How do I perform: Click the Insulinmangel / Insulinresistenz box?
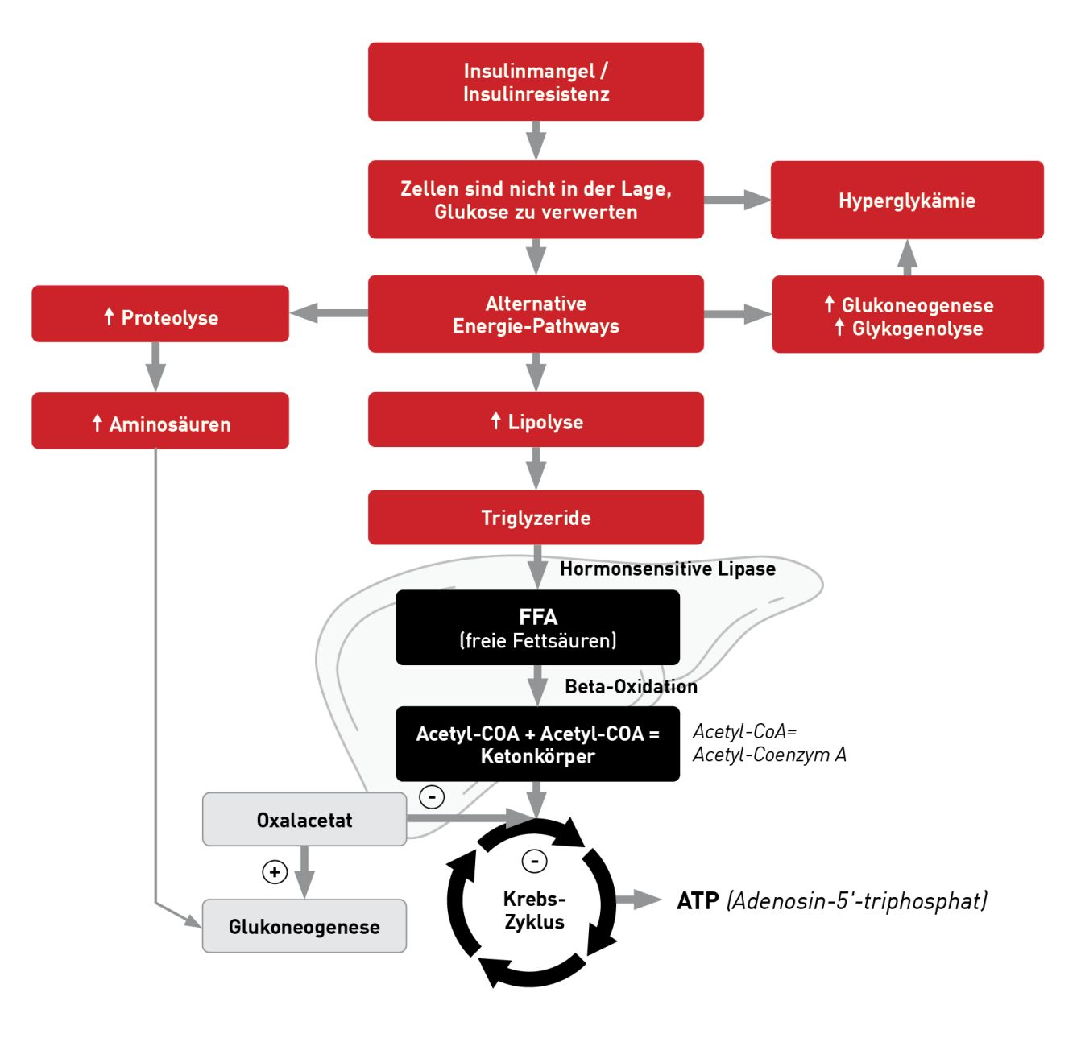(x=536, y=82)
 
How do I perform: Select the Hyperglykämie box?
(x=907, y=201)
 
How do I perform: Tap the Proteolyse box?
(x=160, y=314)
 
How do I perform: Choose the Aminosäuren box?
(x=160, y=421)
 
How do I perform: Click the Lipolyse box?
(x=536, y=420)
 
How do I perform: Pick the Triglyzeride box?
(x=536, y=518)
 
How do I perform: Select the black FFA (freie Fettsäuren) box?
(x=537, y=628)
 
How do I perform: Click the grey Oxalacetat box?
(x=304, y=820)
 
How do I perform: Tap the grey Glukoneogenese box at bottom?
(x=304, y=926)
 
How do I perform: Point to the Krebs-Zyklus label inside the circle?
(x=534, y=910)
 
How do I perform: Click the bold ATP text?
(x=698, y=900)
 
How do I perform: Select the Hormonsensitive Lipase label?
(x=667, y=569)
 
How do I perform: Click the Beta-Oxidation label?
(x=631, y=686)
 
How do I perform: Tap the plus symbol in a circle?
(x=275, y=872)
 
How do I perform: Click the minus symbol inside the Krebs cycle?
(x=534, y=861)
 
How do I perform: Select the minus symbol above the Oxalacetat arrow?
(x=432, y=796)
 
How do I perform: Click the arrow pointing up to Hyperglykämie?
(x=907, y=258)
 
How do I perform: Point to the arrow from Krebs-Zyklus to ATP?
(x=640, y=900)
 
